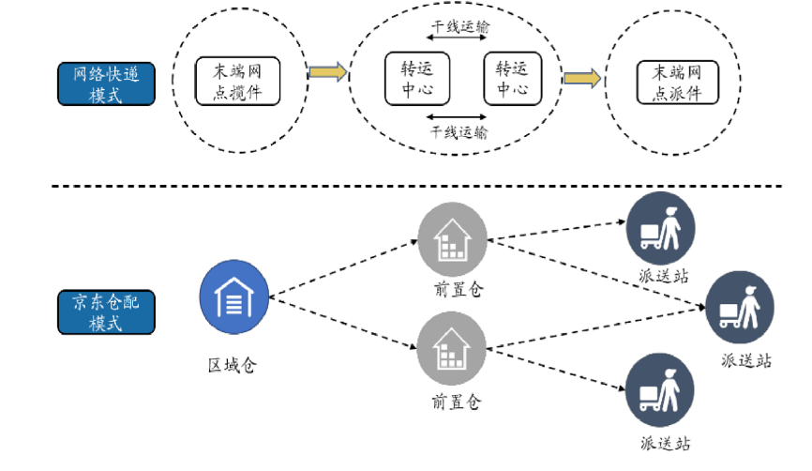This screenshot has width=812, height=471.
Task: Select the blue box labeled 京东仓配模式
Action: tap(106, 312)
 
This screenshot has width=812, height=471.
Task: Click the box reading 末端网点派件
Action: tap(676, 82)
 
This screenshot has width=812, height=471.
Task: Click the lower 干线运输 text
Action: tap(459, 132)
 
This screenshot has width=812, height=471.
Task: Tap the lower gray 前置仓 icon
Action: tap(453, 347)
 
